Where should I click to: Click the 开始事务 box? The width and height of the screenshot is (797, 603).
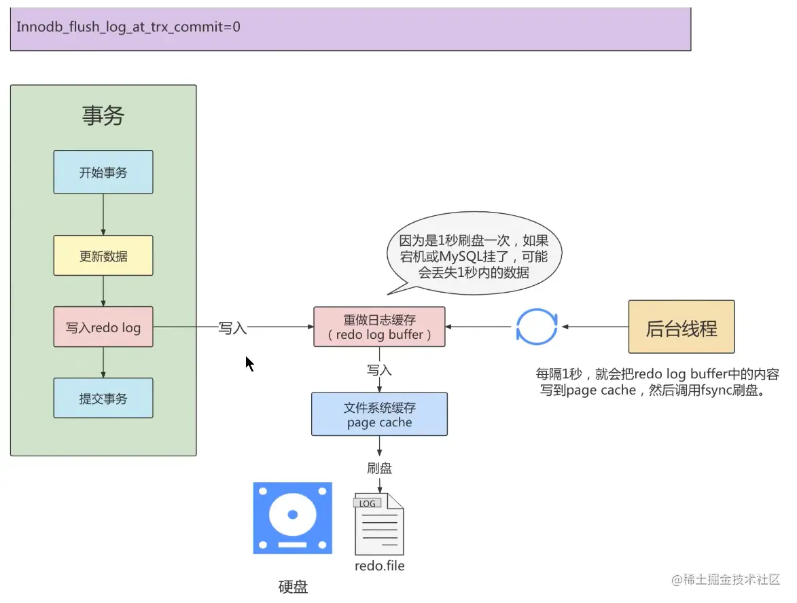click(103, 172)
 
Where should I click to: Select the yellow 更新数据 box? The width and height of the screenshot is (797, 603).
click(103, 257)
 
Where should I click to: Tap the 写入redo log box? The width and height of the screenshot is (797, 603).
click(103, 327)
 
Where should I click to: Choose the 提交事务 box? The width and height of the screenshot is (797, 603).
click(103, 398)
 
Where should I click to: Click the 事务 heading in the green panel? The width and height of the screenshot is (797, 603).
click(103, 115)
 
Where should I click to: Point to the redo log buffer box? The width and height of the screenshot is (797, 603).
click(379, 327)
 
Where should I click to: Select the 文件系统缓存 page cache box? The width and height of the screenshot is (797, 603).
click(379, 414)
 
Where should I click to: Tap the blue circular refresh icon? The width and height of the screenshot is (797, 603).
click(537, 327)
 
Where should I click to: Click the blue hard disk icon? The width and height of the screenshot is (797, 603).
click(293, 518)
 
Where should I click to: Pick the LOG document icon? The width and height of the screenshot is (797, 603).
click(378, 524)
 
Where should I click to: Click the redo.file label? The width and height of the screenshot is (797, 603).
click(379, 565)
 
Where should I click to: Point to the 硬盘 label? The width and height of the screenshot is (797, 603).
click(294, 587)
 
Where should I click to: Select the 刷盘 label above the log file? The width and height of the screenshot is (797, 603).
click(379, 468)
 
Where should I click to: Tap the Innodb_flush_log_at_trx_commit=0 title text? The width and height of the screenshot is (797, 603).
click(128, 27)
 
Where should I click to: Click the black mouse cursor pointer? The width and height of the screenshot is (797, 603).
click(249, 363)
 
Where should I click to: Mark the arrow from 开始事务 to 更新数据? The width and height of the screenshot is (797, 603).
click(103, 214)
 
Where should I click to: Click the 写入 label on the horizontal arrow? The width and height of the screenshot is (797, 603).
click(232, 328)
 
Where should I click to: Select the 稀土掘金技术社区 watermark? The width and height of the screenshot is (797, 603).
click(726, 579)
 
